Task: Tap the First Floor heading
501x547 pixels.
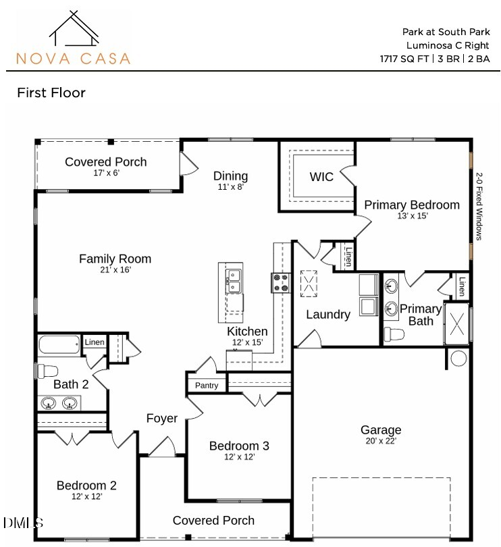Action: pyautogui.click(x=51, y=93)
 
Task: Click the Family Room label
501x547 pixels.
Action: pyautogui.click(x=115, y=259)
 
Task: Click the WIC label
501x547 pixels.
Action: pyautogui.click(x=321, y=177)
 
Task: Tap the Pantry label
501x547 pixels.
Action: pyautogui.click(x=207, y=386)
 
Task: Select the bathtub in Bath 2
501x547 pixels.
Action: pyautogui.click(x=59, y=344)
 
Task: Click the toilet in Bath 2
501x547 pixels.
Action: pyautogui.click(x=47, y=371)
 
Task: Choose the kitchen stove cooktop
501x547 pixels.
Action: pyautogui.click(x=281, y=283)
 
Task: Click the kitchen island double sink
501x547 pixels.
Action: pyautogui.click(x=234, y=281)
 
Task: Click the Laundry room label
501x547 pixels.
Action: pyautogui.click(x=328, y=314)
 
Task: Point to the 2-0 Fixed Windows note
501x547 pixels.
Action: pyautogui.click(x=479, y=206)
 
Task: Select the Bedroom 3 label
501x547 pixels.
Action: pyautogui.click(x=239, y=446)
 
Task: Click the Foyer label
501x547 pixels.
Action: pyautogui.click(x=162, y=419)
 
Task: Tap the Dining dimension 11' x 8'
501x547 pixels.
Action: pyautogui.click(x=230, y=187)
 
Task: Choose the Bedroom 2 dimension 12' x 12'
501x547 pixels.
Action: pyautogui.click(x=86, y=496)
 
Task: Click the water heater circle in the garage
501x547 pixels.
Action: pyautogui.click(x=458, y=358)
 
